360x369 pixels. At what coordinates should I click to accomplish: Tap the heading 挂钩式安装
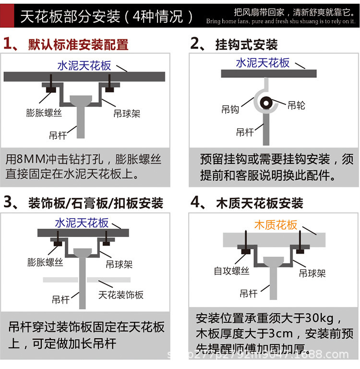(246, 45)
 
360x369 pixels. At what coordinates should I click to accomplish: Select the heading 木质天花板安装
(259, 203)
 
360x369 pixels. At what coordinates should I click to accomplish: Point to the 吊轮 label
(296, 105)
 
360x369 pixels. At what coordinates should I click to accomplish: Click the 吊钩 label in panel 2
(230, 110)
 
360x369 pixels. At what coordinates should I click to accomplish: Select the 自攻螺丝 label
(232, 271)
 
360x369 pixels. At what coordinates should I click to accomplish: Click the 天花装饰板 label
(121, 295)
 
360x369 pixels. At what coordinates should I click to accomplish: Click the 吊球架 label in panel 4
(312, 273)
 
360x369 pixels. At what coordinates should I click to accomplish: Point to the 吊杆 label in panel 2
(245, 132)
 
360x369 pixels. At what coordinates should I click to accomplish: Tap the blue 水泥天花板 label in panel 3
(82, 223)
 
